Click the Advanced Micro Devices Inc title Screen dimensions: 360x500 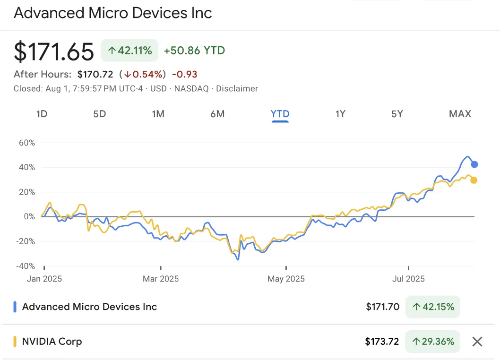[113, 13]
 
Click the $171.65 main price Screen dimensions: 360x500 [54, 51]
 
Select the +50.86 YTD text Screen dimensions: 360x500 [194, 51]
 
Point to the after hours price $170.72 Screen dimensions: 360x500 [95, 74]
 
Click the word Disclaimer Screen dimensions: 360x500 [237, 88]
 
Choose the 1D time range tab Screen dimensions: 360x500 [42, 114]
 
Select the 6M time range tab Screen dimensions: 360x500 [217, 114]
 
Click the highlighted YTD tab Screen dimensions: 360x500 [280, 114]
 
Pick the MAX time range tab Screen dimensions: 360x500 [460, 114]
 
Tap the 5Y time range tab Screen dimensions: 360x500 [397, 114]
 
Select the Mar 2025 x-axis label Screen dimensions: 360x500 [161, 279]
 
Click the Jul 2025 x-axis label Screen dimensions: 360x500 [408, 279]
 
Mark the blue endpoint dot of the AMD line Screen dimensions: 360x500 [474, 164]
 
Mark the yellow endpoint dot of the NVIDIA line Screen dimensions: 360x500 [474, 180]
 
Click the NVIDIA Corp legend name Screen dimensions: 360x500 [52, 341]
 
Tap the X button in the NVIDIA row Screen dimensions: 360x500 [477, 342]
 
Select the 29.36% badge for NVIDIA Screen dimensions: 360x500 [432, 342]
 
